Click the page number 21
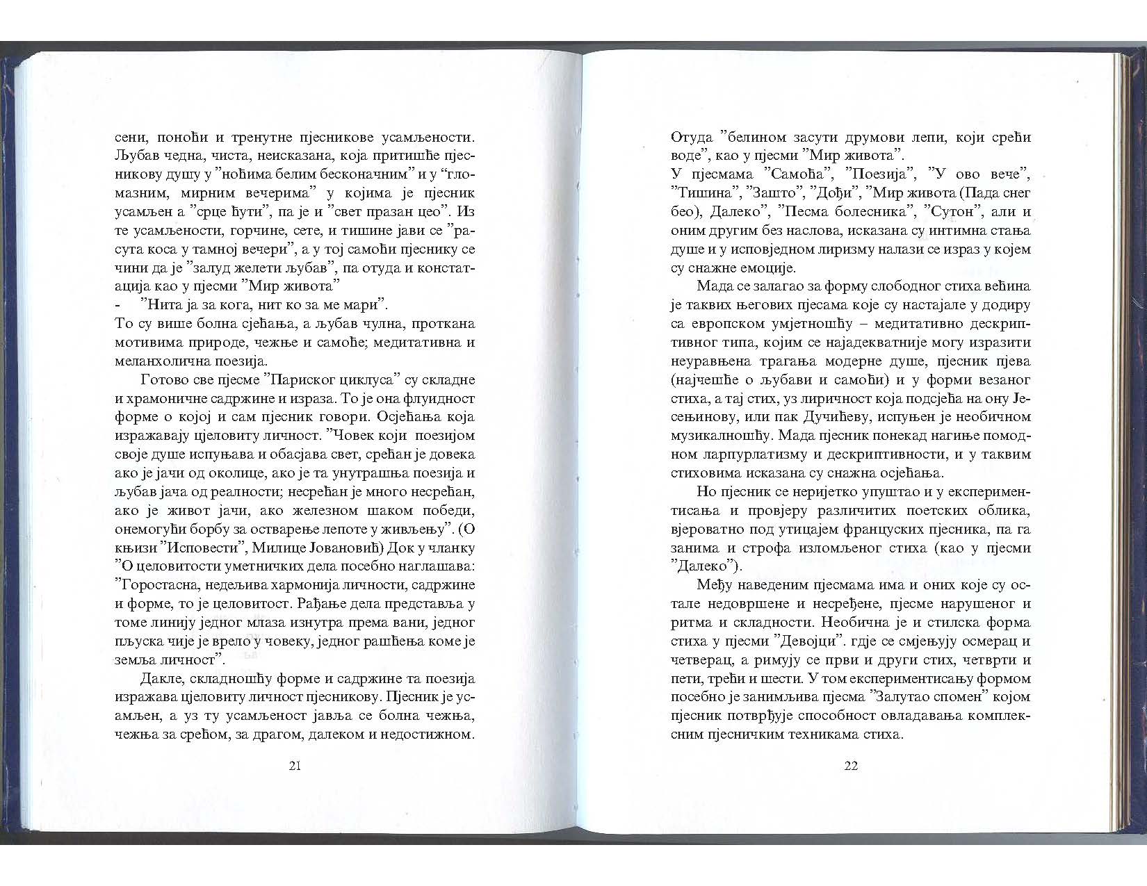[294, 766]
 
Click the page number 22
[851, 766]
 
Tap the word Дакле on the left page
[159, 678]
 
